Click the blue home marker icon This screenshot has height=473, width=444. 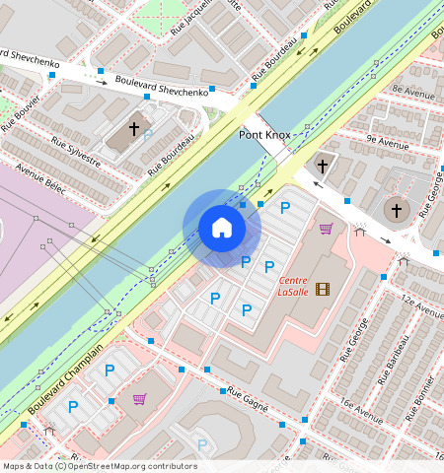click(222, 228)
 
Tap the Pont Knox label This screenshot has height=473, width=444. click(262, 133)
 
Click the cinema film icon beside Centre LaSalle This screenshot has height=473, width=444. click(325, 288)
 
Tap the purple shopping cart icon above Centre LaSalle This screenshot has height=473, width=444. click(326, 229)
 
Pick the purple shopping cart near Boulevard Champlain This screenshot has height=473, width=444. click(139, 399)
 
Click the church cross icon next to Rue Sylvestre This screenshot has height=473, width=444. click(134, 129)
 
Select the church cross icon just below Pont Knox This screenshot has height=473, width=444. click(322, 166)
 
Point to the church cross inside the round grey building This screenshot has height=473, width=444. click(396, 210)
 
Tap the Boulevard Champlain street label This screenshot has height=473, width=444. click(65, 379)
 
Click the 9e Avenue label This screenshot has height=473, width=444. click(387, 141)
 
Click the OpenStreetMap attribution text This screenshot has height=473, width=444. click(99, 466)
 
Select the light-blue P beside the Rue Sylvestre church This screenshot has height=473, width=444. click(148, 135)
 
